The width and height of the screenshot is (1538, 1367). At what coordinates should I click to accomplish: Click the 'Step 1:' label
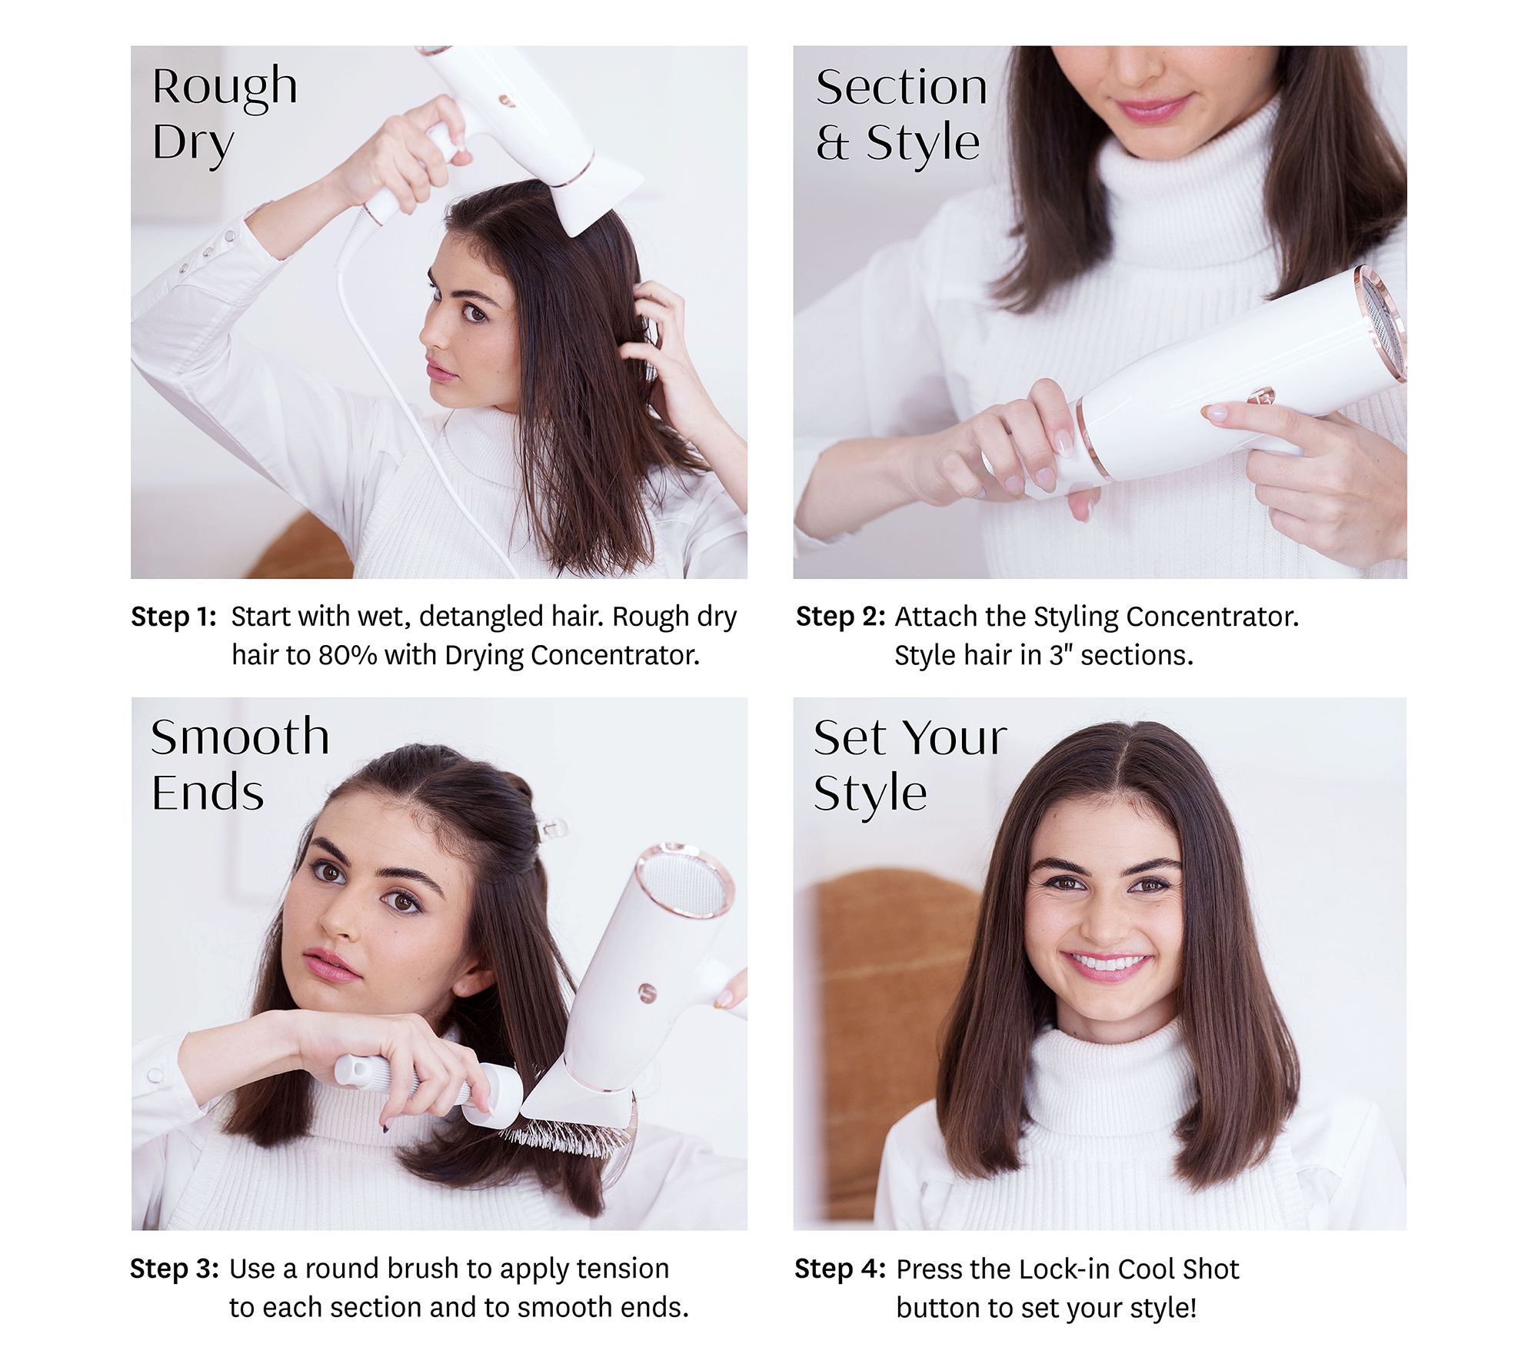(x=174, y=617)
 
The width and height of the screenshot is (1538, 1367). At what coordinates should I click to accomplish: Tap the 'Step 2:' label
(x=841, y=617)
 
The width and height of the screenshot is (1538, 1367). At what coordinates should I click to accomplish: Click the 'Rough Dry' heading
(x=225, y=115)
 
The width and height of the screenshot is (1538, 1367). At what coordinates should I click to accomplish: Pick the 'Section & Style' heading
(x=901, y=115)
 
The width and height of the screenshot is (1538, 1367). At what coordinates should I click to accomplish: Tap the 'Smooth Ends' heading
(x=240, y=764)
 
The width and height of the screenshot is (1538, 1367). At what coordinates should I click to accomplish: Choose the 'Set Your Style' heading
(x=910, y=766)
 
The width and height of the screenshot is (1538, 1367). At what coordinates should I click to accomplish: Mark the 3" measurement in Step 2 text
(x=1062, y=655)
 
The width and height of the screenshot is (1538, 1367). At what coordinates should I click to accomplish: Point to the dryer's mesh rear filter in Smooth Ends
(x=683, y=884)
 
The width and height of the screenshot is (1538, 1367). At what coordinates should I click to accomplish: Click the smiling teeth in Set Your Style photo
(x=1107, y=961)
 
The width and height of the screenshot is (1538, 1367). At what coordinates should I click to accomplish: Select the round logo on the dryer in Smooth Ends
(x=648, y=993)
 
